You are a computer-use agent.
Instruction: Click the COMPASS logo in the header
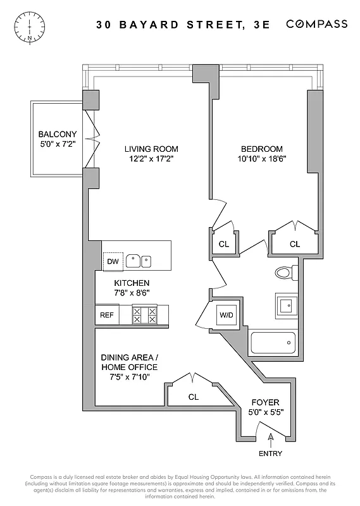click(x=316, y=24)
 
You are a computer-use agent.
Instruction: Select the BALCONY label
click(x=57, y=134)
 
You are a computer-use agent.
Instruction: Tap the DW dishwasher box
click(x=113, y=261)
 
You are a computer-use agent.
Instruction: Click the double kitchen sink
click(x=139, y=260)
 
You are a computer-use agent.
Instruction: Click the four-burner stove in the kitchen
click(x=144, y=315)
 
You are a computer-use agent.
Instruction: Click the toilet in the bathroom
click(x=285, y=273)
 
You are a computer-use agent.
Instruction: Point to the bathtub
click(x=273, y=343)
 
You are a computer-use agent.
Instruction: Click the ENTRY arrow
click(x=270, y=436)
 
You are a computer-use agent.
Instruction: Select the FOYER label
click(x=265, y=402)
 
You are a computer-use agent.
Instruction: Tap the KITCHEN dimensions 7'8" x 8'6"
click(x=132, y=293)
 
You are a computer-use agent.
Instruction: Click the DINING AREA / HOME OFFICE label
click(x=129, y=362)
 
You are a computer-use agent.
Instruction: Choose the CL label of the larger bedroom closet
click(x=295, y=244)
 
